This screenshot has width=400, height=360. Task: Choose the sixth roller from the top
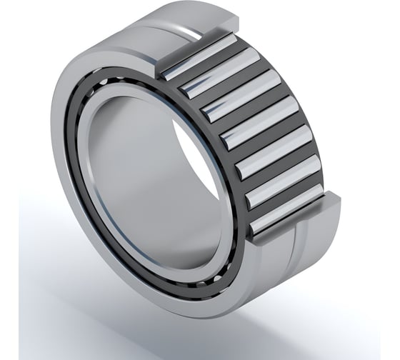point(282,189)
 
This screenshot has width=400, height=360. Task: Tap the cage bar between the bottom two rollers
point(286,204)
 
